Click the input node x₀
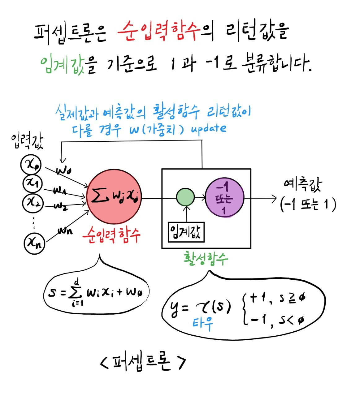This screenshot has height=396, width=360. [x=31, y=165]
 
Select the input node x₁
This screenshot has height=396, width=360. [x=33, y=183]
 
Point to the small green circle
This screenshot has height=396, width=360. [x=185, y=197]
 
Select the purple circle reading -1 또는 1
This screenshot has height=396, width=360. [x=224, y=198]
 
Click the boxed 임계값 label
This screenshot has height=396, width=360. [x=186, y=232]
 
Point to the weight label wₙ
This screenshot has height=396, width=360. [x=65, y=230]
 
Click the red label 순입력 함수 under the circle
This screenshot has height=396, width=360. [x=111, y=236]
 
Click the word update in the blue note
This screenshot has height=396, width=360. [x=208, y=128]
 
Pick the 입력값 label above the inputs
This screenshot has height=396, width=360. [x=27, y=141]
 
